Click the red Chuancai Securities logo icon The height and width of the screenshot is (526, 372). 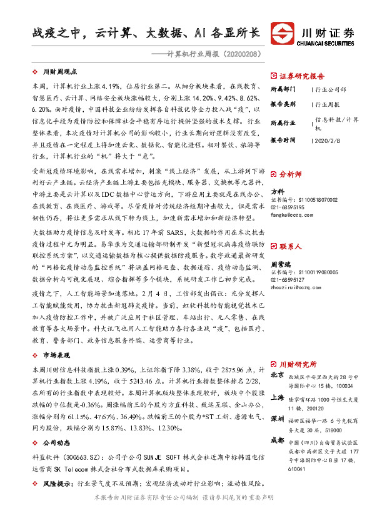pyautogui.click(x=281, y=34)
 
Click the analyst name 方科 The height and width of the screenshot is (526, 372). pyautogui.click(x=277, y=191)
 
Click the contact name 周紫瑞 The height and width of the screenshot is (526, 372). pyautogui.click(x=281, y=265)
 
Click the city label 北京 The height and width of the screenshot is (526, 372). pyautogui.click(x=278, y=376)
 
